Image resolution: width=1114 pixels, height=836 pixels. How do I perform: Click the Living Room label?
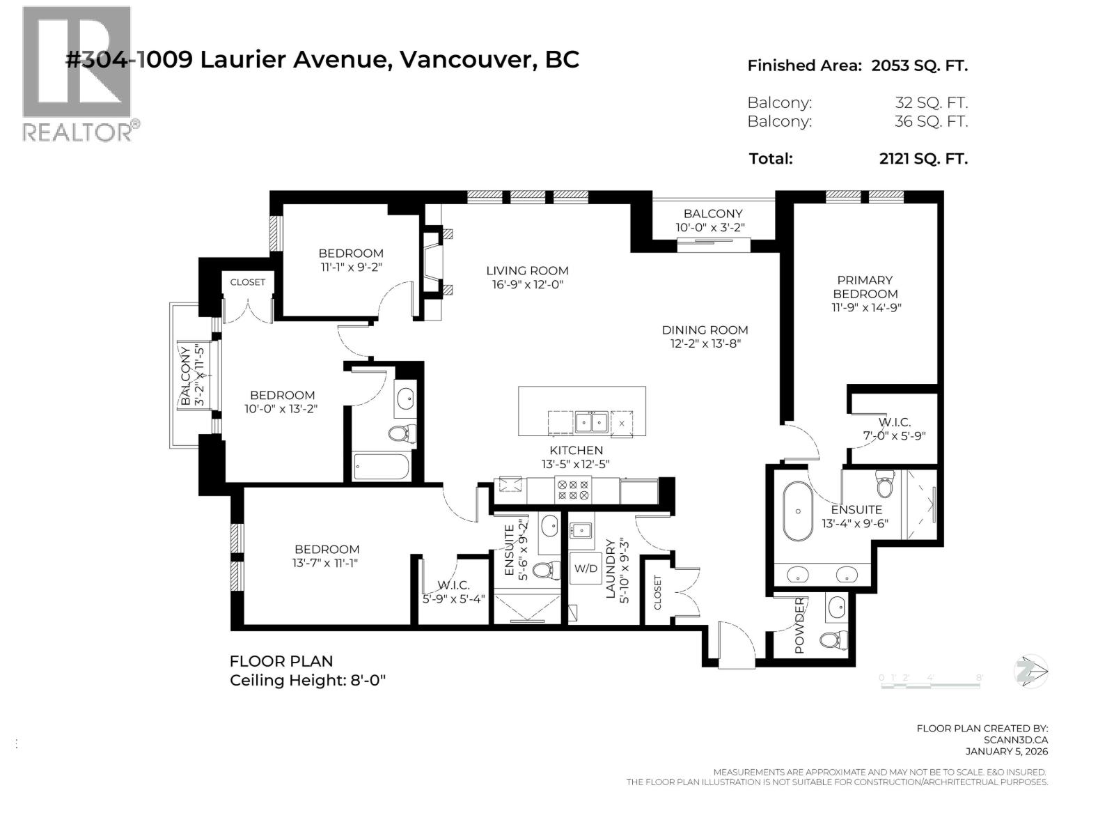(x=527, y=271)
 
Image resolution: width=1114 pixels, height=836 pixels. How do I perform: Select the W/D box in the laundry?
(x=586, y=568)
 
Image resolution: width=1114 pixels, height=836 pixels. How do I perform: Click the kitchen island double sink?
(x=590, y=422)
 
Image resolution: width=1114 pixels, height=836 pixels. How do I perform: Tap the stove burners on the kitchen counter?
(x=573, y=490)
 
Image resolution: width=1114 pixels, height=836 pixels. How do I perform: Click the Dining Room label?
(x=705, y=330)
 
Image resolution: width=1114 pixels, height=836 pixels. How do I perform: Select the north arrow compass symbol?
(x=1031, y=672)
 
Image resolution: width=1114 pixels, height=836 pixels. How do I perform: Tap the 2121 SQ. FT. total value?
(x=923, y=159)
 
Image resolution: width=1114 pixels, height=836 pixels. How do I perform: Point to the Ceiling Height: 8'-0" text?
(x=308, y=681)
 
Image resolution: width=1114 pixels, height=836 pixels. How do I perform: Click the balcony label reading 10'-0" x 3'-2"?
(x=713, y=228)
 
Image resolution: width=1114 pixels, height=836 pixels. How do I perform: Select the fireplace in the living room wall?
(x=435, y=263)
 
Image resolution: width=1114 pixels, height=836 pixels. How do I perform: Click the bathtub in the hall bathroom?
(x=381, y=467)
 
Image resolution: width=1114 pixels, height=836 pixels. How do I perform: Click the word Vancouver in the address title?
(x=466, y=60)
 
